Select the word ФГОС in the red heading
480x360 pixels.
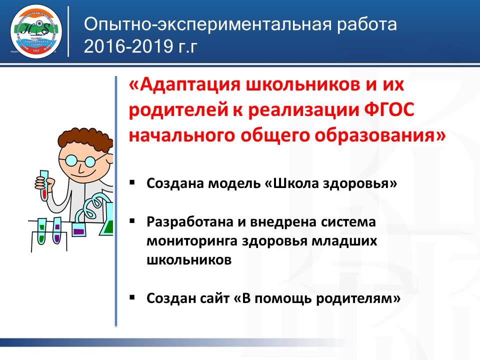pos(387,110)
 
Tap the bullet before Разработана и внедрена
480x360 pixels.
pos(132,220)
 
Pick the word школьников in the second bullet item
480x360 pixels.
pos(189,259)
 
